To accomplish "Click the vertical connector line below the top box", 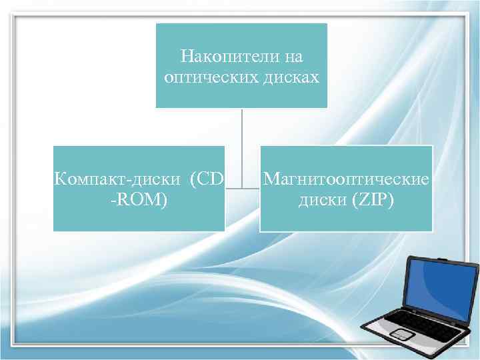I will (x=242, y=147).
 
